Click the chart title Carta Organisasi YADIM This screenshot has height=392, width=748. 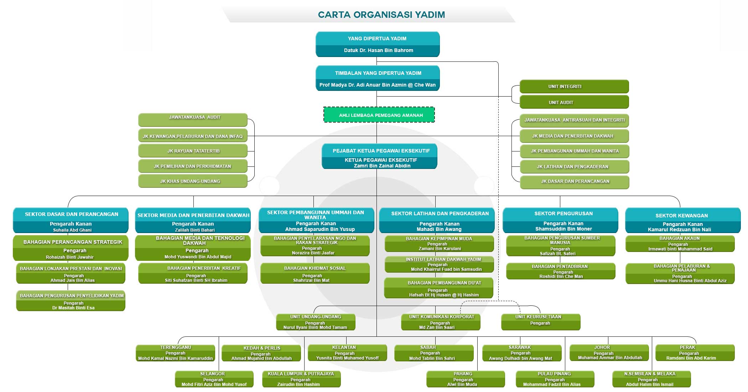pos(381,15)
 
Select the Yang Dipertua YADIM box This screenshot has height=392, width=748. pos(378,44)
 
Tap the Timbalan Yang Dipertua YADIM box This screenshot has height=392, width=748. pos(378,78)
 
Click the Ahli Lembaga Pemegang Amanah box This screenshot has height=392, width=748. pos(379,115)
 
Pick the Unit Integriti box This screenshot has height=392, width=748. pos(574,87)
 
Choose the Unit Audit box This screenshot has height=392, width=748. pos(574,102)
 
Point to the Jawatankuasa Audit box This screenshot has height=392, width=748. pos(193,120)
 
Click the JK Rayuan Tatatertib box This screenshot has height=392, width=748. pos(193,151)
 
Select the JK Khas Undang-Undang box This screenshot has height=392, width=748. pos(193,181)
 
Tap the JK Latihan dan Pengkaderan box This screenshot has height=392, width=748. pos(575,166)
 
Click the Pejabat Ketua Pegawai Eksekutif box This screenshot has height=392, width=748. pos(379,156)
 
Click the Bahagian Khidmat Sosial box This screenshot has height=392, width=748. pos(315,273)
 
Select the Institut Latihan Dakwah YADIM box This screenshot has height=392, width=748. pos(439,264)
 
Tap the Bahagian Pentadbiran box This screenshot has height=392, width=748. pos(561,271)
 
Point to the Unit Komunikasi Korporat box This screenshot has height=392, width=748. pos(441,322)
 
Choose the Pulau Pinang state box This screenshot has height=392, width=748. pos(555,379)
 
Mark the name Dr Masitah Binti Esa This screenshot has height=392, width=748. pos(73,308)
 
